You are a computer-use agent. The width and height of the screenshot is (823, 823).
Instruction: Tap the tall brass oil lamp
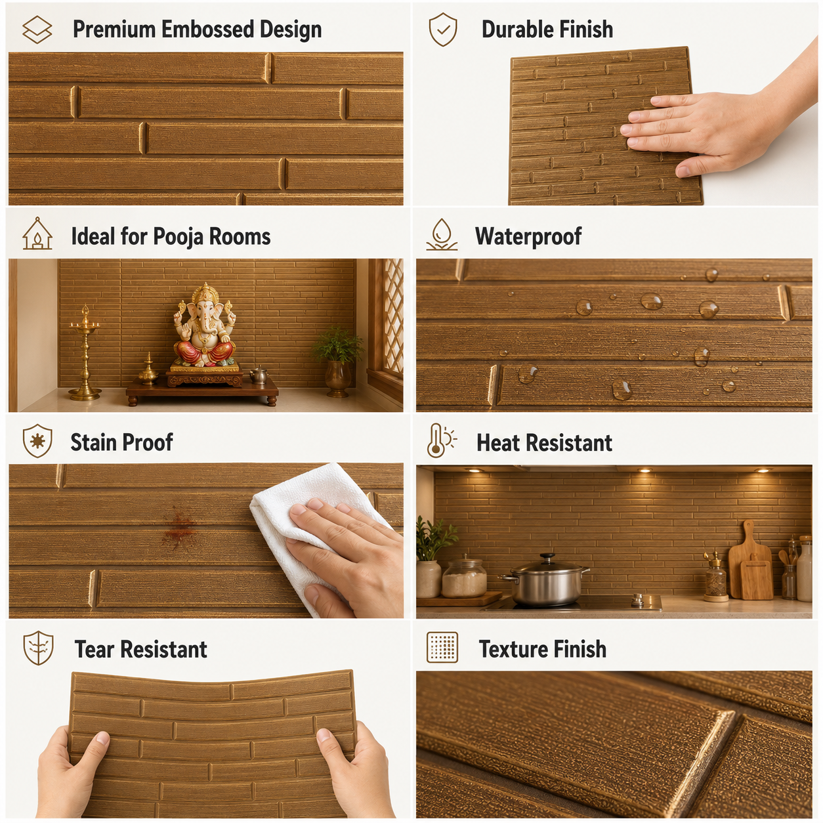point(85,353)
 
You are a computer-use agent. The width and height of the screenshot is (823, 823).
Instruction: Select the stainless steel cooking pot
point(545,580)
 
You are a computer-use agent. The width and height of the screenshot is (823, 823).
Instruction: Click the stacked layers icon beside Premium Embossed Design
point(37,30)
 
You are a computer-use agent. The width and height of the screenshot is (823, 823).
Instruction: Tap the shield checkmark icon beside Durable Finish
point(443,29)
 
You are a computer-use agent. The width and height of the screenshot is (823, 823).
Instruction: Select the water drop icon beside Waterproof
point(442,234)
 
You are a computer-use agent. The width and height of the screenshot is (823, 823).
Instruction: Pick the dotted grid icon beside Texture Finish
point(442,648)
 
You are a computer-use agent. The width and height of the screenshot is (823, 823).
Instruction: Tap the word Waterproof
point(528,236)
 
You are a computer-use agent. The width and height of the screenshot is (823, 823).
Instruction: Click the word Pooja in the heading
point(178,237)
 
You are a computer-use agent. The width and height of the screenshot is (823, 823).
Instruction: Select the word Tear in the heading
point(94,650)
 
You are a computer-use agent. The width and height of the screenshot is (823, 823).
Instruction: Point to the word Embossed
point(207,30)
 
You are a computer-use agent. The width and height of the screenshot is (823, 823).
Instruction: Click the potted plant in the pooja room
point(338,362)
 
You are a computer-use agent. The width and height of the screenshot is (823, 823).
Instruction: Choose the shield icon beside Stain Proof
point(37,441)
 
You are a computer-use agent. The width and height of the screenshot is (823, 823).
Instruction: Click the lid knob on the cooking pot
point(547,557)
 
